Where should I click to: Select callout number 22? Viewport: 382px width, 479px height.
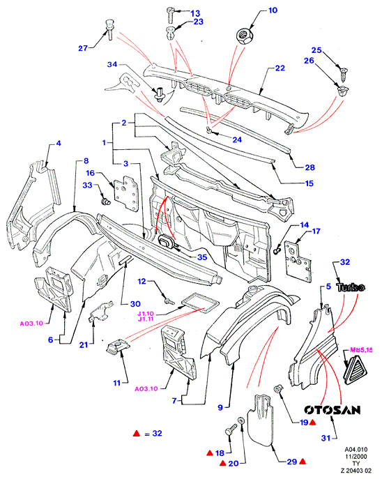(x=280, y=68)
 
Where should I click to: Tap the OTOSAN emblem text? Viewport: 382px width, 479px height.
(x=333, y=410)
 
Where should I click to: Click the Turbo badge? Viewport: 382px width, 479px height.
(x=351, y=287)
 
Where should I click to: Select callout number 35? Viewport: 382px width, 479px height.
(x=202, y=257)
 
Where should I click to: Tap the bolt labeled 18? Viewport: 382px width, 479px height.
(x=231, y=431)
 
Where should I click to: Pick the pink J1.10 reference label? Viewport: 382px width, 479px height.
(x=146, y=314)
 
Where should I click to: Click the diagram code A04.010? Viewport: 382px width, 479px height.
(x=356, y=450)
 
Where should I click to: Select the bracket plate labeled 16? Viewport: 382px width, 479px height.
(x=125, y=193)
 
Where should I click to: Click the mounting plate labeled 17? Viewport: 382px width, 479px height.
(x=298, y=261)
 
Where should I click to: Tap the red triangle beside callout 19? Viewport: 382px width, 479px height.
(x=312, y=423)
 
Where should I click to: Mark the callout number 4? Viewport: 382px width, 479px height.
(x=58, y=143)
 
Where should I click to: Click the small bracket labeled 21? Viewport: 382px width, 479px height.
(x=100, y=312)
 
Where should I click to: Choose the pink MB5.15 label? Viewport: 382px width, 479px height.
(x=361, y=350)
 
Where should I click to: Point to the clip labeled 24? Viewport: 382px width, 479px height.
(x=210, y=130)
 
